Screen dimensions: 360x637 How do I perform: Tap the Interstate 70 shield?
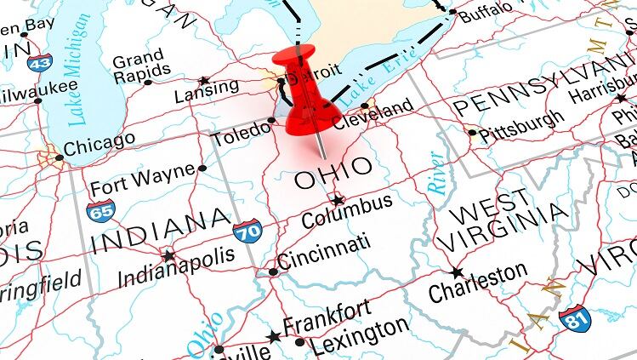pos(247,231)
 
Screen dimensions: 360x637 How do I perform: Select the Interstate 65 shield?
pos(100,210)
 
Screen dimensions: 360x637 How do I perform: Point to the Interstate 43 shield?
pos(38,61)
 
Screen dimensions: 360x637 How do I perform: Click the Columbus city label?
pos(347,213)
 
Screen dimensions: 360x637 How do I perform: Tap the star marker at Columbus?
pos(338,201)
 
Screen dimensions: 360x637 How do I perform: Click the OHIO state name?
pos(333,173)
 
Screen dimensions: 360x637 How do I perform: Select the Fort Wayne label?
pos(143,179)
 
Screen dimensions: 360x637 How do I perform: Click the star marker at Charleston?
pos(457,272)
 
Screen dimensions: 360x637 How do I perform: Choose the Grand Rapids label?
pos(138,67)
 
